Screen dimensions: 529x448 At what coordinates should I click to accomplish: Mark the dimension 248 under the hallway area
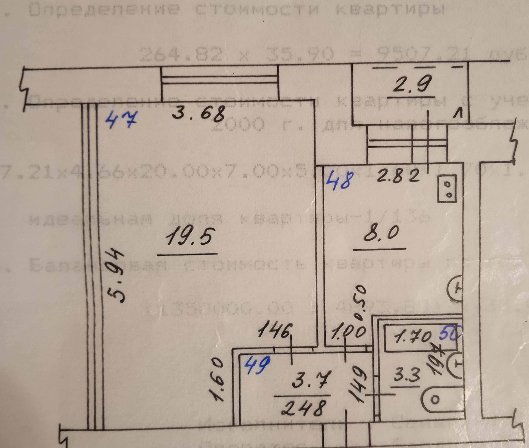point(303,407)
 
